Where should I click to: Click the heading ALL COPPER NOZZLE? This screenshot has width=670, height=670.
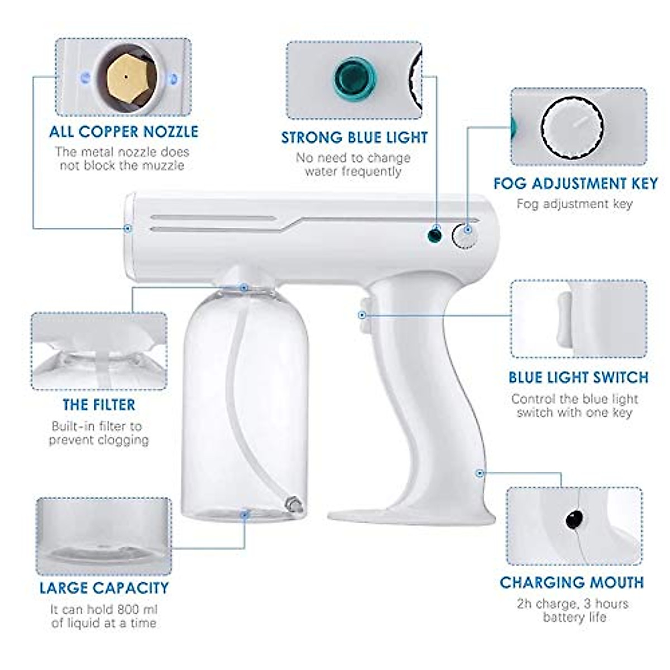pyautogui.click(x=123, y=132)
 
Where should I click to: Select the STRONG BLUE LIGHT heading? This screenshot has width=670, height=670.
pyautogui.click(x=354, y=137)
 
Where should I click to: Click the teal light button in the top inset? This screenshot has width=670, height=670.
pyautogui.click(x=354, y=77)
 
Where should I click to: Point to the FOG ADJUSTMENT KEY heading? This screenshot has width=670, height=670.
pyautogui.click(x=576, y=184)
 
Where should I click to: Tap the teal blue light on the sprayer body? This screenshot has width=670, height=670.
pyautogui.click(x=434, y=234)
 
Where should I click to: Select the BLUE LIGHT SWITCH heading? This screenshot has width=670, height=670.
pyautogui.click(x=578, y=377)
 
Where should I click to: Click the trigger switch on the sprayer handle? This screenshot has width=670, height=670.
pyautogui.click(x=363, y=309)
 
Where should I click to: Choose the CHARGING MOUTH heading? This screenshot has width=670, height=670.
pyautogui.click(x=572, y=583)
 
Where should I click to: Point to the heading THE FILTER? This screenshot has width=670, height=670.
pyautogui.click(x=99, y=405)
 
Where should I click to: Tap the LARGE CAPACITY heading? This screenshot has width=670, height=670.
pyautogui.click(x=104, y=588)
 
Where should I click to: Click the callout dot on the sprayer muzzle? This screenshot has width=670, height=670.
pyautogui.click(x=128, y=228)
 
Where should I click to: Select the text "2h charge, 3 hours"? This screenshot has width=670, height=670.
pyautogui.click(x=573, y=604)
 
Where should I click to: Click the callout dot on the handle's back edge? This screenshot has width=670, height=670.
pyautogui.click(x=479, y=473)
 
